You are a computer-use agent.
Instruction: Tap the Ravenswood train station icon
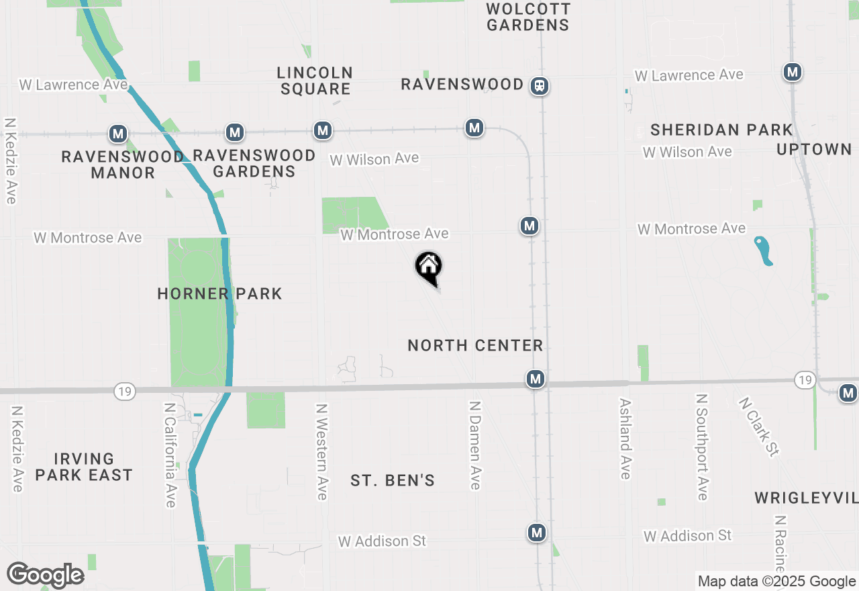[x=540, y=85]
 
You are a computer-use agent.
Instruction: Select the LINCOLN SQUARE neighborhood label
[x=315, y=81]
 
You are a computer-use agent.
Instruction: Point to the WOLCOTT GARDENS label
[x=528, y=17]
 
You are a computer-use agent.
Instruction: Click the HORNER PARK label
[x=219, y=293]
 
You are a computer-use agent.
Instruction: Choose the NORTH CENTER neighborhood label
[x=475, y=345]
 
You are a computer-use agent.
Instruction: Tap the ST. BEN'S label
[x=393, y=480]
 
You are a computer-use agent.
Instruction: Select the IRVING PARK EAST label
[x=84, y=467]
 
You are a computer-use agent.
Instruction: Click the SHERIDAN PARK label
[x=721, y=130]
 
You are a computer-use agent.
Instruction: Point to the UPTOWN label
[x=814, y=149]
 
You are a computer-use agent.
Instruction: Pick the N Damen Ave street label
[x=475, y=445]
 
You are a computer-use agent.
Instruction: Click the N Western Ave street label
[x=322, y=451]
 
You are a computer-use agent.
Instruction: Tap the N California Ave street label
[x=170, y=455]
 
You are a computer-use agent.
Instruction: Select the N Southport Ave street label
[x=702, y=447]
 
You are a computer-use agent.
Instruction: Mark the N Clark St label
[x=758, y=427]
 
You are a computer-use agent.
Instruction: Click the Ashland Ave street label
[x=625, y=439]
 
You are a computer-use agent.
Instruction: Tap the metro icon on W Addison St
[x=536, y=533]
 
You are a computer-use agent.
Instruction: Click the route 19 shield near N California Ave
[x=125, y=391]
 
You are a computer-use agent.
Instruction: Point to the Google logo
[x=45, y=575]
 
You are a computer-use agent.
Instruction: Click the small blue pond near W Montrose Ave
[x=764, y=251]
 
